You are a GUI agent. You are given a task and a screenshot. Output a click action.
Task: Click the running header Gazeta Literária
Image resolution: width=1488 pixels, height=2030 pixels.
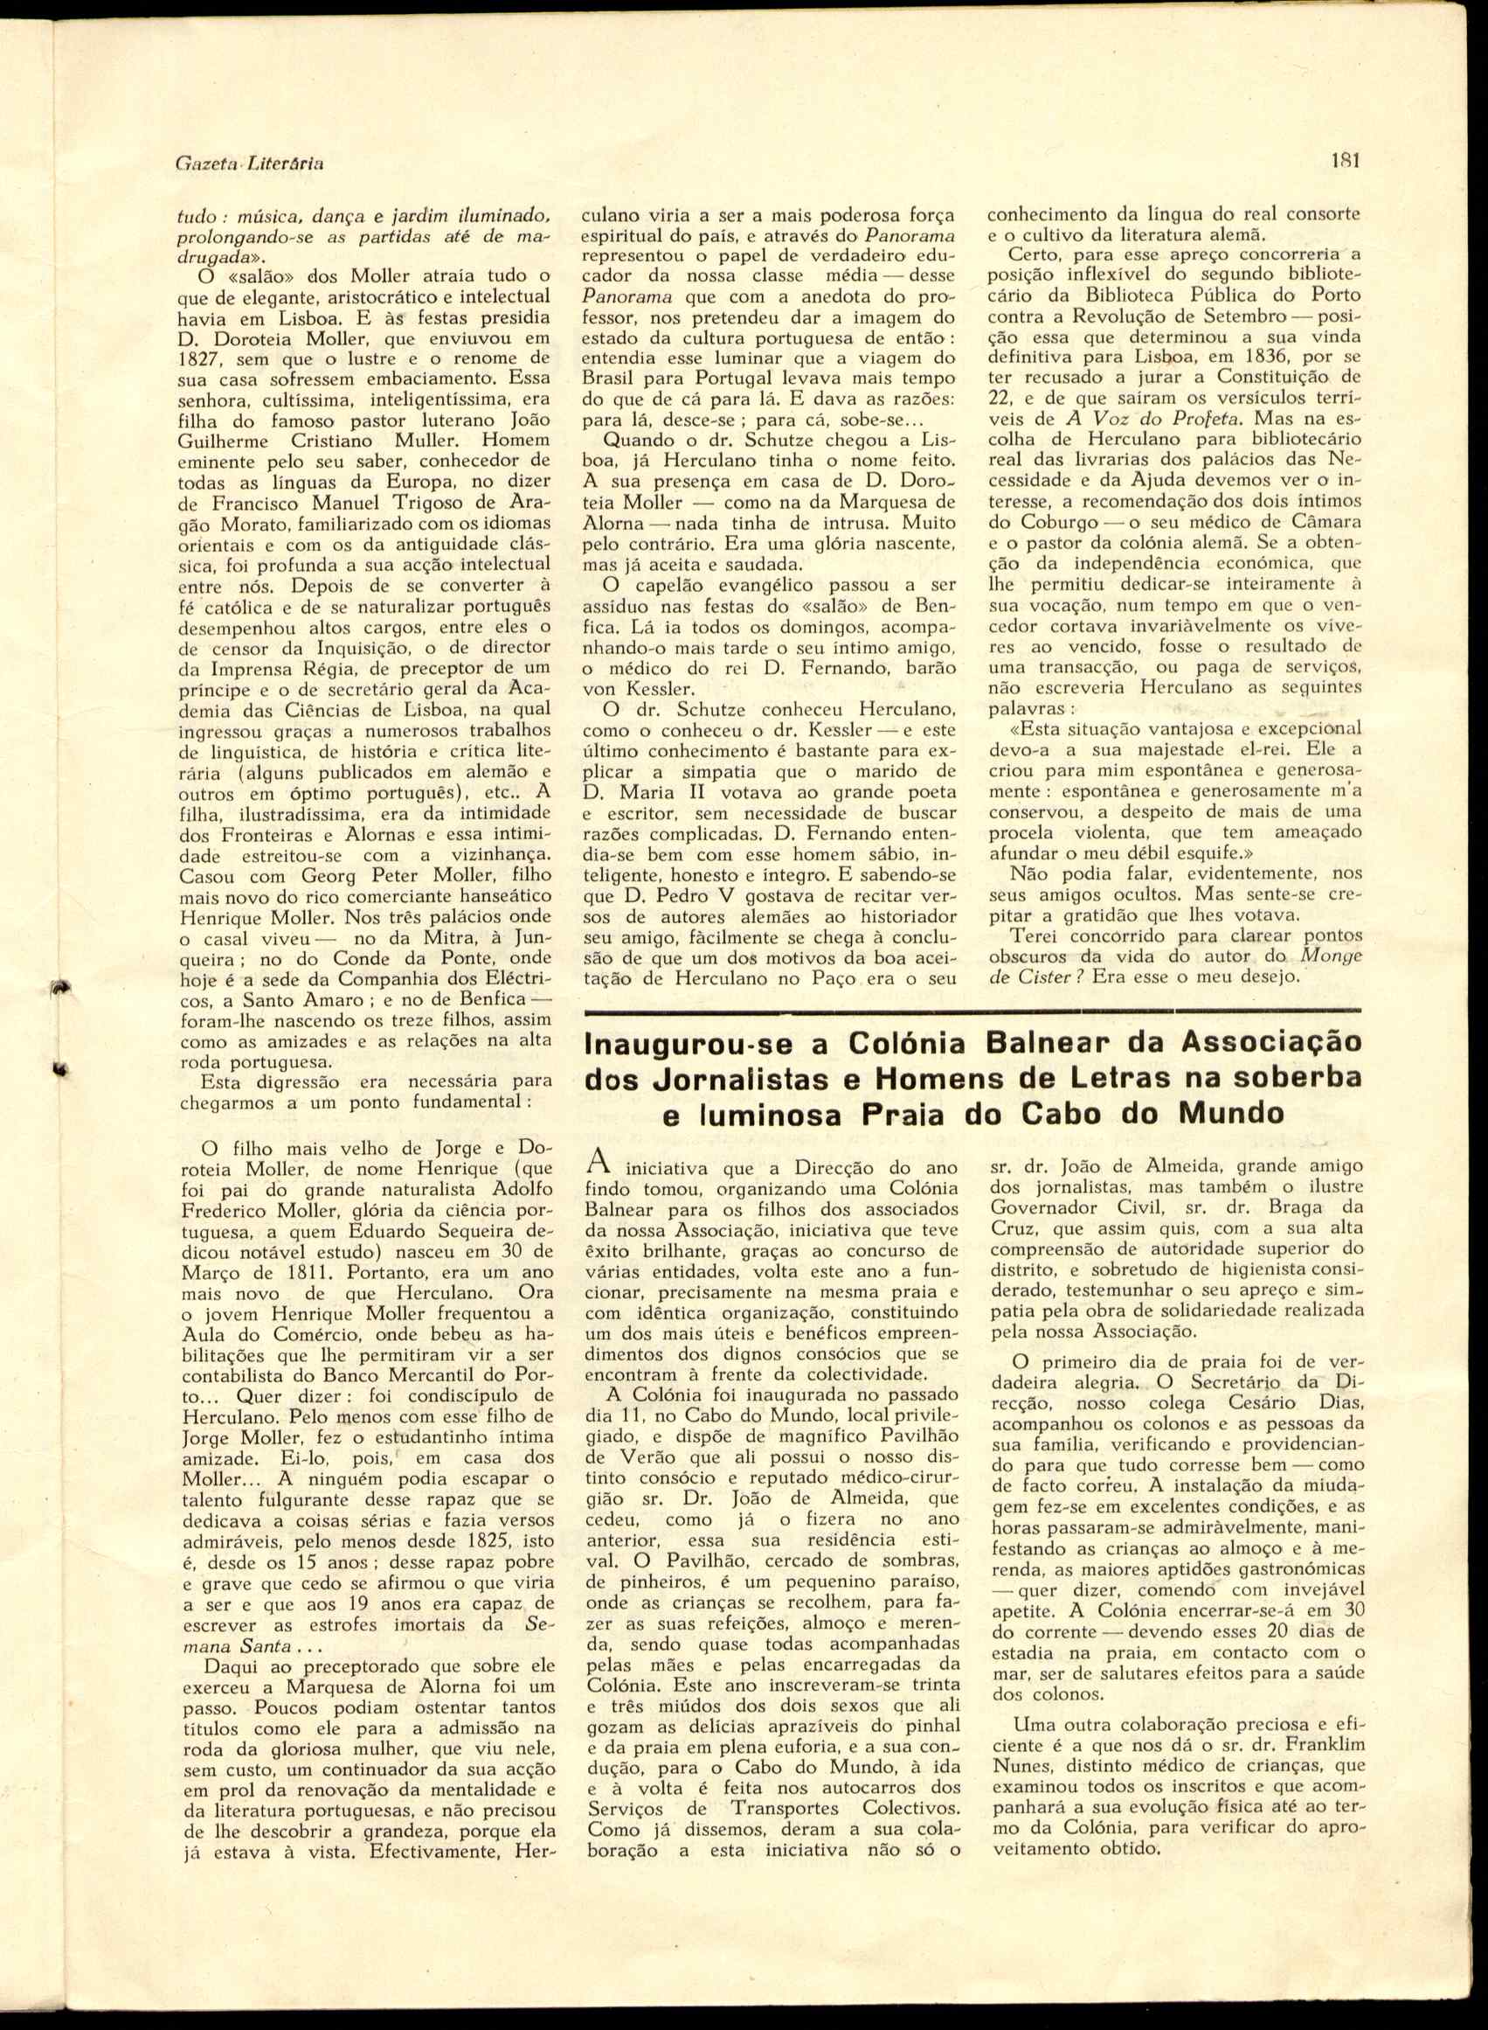click(250, 164)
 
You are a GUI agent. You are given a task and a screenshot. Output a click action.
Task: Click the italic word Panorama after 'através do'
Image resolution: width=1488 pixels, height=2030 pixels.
click(910, 236)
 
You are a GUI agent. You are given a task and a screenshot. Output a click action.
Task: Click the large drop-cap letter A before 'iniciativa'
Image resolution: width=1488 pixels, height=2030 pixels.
click(594, 1163)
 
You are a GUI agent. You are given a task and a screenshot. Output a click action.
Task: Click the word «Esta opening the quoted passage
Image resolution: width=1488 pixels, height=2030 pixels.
click(1032, 728)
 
